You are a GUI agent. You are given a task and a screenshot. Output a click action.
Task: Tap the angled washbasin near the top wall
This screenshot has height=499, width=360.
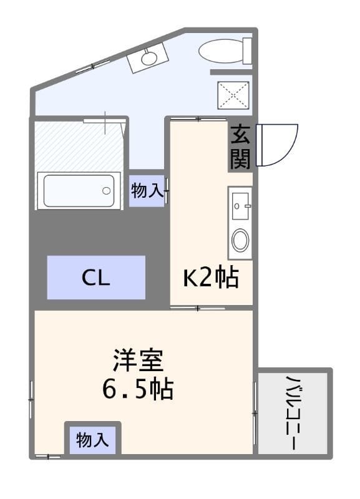[148, 58]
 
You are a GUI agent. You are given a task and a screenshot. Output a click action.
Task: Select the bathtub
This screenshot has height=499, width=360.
[79, 190]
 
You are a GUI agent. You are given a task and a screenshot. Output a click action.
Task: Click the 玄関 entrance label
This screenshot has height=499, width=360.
[240, 148]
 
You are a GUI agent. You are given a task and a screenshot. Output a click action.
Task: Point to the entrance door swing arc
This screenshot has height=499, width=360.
[280, 145]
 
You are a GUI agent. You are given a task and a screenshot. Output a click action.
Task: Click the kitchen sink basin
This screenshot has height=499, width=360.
[241, 205]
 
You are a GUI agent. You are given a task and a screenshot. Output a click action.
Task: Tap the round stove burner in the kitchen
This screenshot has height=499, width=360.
[240, 240]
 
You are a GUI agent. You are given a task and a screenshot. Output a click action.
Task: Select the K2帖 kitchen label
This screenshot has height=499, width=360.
[210, 278]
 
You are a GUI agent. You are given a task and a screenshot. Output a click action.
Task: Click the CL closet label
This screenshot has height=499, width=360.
[96, 278]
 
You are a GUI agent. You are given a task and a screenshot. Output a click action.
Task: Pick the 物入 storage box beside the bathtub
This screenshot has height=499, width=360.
[147, 191]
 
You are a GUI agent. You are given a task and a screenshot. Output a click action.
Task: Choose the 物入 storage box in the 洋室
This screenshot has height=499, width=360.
[93, 440]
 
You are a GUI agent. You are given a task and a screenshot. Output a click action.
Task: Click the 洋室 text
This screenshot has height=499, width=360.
[138, 361]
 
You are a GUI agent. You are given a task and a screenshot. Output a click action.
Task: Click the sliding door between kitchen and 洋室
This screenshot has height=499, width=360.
[198, 308]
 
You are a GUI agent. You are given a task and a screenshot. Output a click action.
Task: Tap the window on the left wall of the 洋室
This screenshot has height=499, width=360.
[31, 399]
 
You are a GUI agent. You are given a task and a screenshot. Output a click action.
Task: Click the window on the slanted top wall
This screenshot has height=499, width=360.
[94, 66]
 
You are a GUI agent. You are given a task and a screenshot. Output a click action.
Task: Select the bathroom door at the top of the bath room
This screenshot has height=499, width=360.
[105, 120]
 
